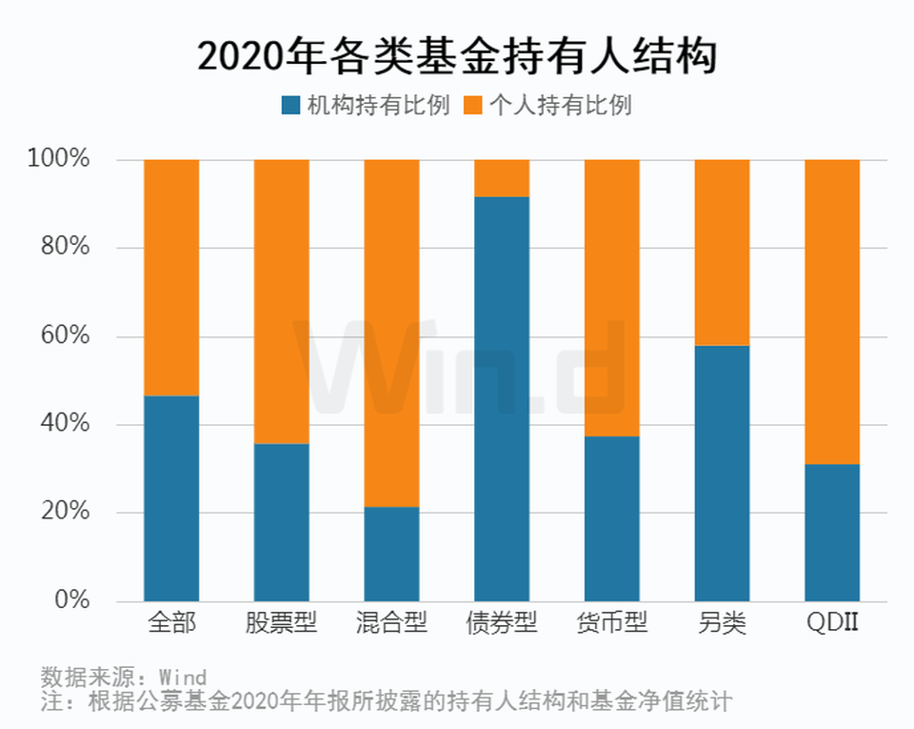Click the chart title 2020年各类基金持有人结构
(456, 56)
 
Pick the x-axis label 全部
(171, 624)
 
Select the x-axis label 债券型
(502, 624)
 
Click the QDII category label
(832, 624)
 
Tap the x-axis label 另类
(722, 624)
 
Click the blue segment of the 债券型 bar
(502, 400)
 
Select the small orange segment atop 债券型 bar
(502, 178)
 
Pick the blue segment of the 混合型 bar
(391, 554)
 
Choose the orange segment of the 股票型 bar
(282, 301)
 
